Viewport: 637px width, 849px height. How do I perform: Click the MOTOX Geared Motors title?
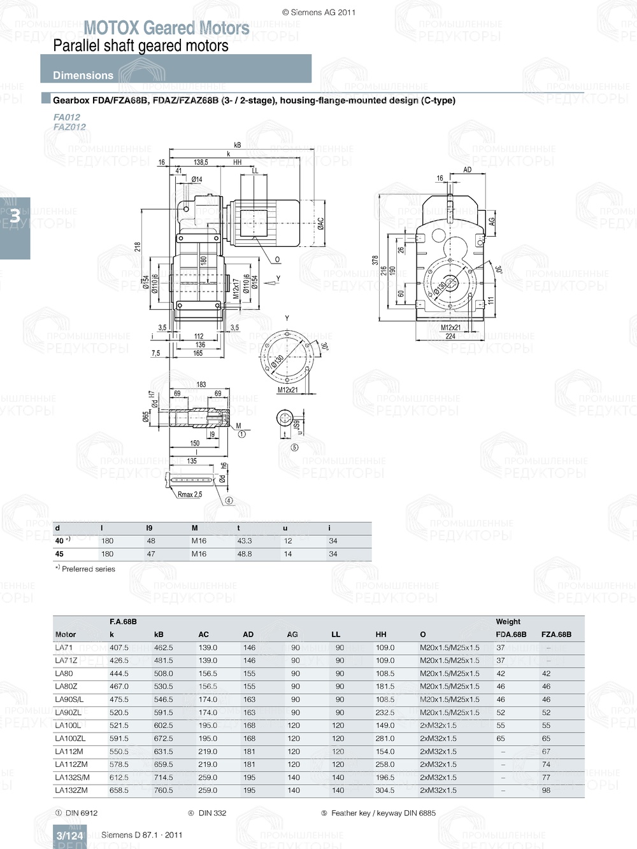pyautogui.click(x=166, y=28)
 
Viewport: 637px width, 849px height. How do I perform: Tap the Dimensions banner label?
pyautogui.click(x=83, y=75)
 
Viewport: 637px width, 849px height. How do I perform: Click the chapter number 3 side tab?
pyautogui.click(x=14, y=216)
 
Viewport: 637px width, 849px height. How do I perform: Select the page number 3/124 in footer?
pyautogui.click(x=69, y=836)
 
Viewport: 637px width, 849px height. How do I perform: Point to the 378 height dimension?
pyautogui.click(x=375, y=260)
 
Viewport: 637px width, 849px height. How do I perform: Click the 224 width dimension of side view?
pyautogui.click(x=450, y=336)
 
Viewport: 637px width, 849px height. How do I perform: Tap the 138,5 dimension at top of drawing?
pyautogui.click(x=201, y=162)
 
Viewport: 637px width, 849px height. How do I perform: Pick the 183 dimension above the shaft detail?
pyautogui.click(x=201, y=384)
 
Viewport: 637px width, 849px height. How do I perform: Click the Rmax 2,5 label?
pyautogui.click(x=190, y=495)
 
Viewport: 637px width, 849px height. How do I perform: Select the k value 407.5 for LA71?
pyautogui.click(x=119, y=647)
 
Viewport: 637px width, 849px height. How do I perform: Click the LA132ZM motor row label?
pyautogui.click(x=71, y=790)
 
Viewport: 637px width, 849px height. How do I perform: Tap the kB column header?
pyautogui.click(x=159, y=634)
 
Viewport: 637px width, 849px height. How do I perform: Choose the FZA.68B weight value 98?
pyautogui.click(x=546, y=790)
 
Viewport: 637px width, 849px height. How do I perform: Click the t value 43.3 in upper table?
pyautogui.click(x=244, y=541)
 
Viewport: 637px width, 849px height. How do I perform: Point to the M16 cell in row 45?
pyautogui.click(x=199, y=554)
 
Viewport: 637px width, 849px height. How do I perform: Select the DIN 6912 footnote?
pyautogui.click(x=81, y=813)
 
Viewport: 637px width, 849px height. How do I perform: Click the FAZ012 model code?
pyautogui.click(x=69, y=127)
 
